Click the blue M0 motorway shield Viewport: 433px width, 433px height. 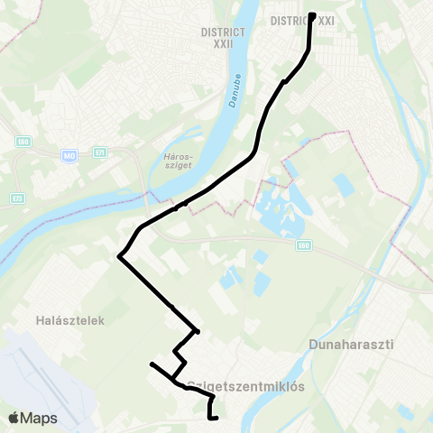pyautogui.click(x=69, y=156)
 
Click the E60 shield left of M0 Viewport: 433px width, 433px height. pyautogui.click(x=23, y=142)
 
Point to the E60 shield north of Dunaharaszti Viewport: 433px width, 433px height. pyautogui.click(x=304, y=244)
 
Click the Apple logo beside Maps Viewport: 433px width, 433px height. pyautogui.click(x=14, y=418)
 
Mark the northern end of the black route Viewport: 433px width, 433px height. pyautogui.click(x=312, y=15)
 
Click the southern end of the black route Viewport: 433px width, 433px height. pyautogui.click(x=217, y=418)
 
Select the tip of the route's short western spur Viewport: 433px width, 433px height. pyautogui.click(x=152, y=364)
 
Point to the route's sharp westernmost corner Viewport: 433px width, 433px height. pyautogui.click(x=119, y=257)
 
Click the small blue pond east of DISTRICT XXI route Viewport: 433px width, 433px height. pyautogui.click(x=343, y=186)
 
